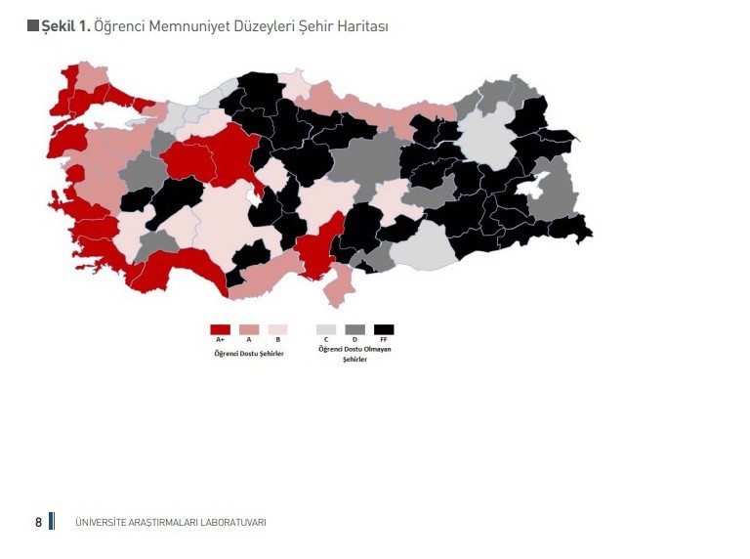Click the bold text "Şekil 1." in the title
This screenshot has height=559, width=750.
[x=66, y=26]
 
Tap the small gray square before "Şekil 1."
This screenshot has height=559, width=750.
[x=33, y=26]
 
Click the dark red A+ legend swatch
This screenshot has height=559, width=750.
[x=220, y=330]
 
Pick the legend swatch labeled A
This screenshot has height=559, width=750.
[x=249, y=330]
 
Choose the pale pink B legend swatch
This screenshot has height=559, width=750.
[x=277, y=330]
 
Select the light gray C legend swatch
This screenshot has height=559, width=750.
[x=326, y=330]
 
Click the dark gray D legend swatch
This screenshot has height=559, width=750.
[x=354, y=330]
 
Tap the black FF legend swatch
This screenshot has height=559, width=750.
[x=384, y=330]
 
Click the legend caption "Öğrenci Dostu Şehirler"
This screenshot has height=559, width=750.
[x=249, y=353]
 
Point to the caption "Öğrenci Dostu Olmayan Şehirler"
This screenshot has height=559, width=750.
[x=354, y=354]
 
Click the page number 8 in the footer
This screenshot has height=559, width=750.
[x=38, y=522]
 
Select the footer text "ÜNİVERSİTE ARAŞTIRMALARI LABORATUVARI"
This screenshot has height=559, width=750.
[x=170, y=523]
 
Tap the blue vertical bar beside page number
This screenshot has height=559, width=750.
[x=52, y=521]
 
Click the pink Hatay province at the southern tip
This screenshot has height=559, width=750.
[x=338, y=286]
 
